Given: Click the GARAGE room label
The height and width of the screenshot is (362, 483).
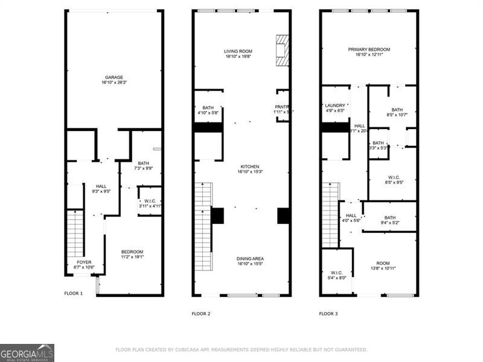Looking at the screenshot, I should click(114, 77).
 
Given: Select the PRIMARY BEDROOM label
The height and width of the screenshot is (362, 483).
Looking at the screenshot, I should click(369, 49).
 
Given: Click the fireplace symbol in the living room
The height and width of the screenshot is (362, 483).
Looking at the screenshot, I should click(282, 50).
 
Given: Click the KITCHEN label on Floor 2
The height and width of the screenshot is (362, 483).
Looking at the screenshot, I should click(249, 167).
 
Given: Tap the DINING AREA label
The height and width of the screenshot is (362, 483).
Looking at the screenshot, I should click(249, 259).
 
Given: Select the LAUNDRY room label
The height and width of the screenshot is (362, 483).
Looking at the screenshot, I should click(334, 105).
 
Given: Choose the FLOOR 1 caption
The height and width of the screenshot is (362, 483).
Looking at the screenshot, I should click(74, 293).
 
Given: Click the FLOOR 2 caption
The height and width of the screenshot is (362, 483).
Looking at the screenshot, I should click(201, 314).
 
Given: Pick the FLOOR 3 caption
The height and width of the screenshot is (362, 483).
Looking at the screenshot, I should click(328, 314).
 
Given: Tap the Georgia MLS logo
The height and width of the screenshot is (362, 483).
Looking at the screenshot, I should click(27, 352).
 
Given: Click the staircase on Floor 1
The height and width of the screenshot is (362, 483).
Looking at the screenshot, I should click(74, 232).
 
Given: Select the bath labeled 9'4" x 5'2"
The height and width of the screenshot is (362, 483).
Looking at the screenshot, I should click(390, 218).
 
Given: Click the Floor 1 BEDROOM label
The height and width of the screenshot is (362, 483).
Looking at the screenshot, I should click(132, 252).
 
